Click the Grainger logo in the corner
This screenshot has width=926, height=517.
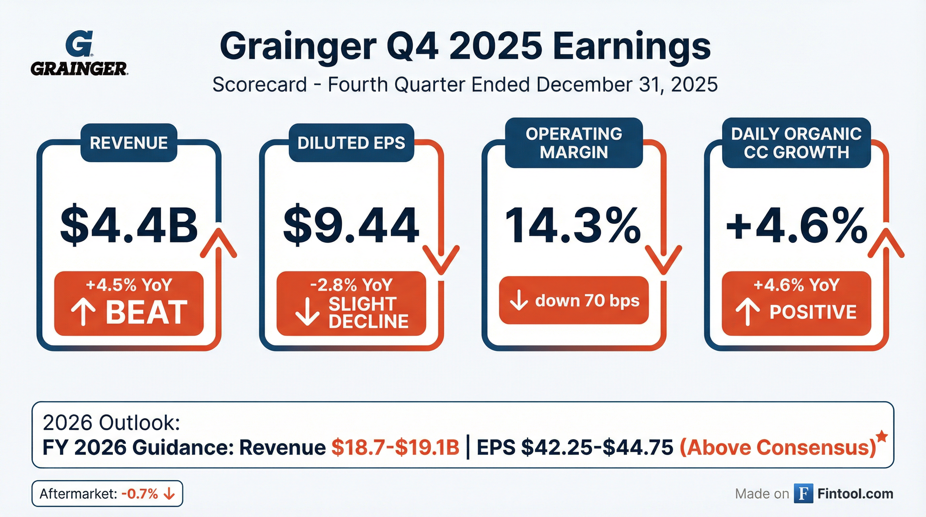(79, 53)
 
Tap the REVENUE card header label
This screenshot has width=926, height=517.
(129, 143)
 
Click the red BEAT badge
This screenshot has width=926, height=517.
(129, 304)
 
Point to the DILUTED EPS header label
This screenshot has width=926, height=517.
(351, 143)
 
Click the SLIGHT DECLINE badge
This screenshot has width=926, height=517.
(351, 304)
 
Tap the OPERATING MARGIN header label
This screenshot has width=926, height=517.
(574, 143)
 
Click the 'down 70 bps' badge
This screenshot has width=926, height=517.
(574, 300)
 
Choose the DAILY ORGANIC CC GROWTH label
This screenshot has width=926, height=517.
(796, 143)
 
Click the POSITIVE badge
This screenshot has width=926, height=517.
(796, 304)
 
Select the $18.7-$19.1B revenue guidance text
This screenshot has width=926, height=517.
(395, 448)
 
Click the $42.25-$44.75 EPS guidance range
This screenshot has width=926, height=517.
(597, 448)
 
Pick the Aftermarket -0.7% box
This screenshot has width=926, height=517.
(107, 494)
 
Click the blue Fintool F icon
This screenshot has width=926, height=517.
(803, 494)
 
